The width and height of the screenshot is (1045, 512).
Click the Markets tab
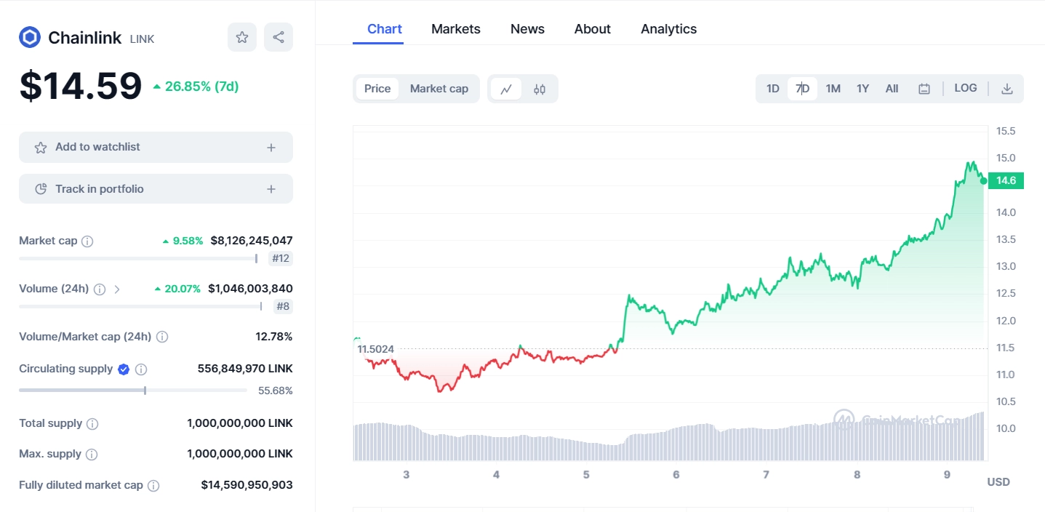coord(455,29)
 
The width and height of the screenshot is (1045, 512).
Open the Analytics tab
coord(668,29)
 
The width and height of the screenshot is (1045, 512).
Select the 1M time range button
coord(833,89)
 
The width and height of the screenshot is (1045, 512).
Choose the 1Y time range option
coord(862,89)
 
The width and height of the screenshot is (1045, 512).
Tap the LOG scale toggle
coord(965,88)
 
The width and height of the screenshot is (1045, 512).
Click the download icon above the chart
coord(1007,89)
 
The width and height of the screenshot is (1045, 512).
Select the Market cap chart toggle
coord(439,89)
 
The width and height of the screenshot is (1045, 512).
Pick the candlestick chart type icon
coord(540,89)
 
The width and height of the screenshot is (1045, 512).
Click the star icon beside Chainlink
coord(242,37)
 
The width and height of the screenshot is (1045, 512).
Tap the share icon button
coord(279,37)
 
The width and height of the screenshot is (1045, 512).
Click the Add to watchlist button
coord(156,147)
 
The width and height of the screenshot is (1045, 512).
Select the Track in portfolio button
coord(156,189)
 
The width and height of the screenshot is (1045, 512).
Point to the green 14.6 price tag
coord(1006,180)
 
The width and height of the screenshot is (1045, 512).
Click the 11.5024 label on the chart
coord(375,349)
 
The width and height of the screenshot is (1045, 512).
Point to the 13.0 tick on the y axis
coord(1006,266)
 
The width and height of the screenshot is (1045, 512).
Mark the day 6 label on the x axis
coord(676,475)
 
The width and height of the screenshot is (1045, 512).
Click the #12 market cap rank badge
coord(281,258)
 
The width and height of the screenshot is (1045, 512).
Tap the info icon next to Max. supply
coord(92,455)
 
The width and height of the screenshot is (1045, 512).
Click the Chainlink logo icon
coord(30,37)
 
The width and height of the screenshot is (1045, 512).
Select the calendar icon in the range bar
coord(924,89)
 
